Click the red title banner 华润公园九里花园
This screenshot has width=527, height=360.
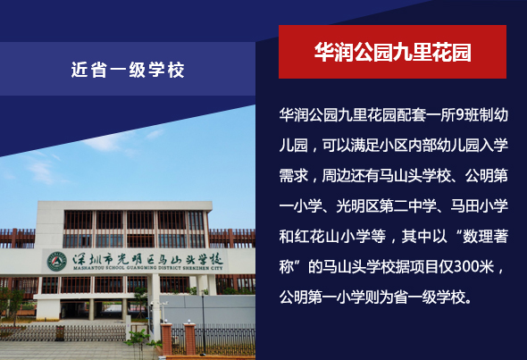tap(392, 52)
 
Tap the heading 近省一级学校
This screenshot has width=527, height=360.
tap(128, 70)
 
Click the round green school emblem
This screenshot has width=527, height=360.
tap(57, 262)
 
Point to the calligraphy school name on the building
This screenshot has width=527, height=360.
tap(147, 258)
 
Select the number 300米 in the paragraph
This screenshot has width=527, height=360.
tap(473, 267)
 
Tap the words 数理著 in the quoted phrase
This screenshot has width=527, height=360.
tap(486, 237)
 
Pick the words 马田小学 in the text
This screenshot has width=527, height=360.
tap(480, 206)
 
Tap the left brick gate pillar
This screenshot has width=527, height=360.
tap(166, 339)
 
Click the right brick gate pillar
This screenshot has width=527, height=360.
tap(190, 339)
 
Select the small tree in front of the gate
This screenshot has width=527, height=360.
tap(138, 343)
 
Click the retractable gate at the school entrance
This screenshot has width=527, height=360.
tap(63, 333)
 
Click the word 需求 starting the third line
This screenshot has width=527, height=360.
tap(293, 176)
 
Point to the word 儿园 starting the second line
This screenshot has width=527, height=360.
tap(293, 146)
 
